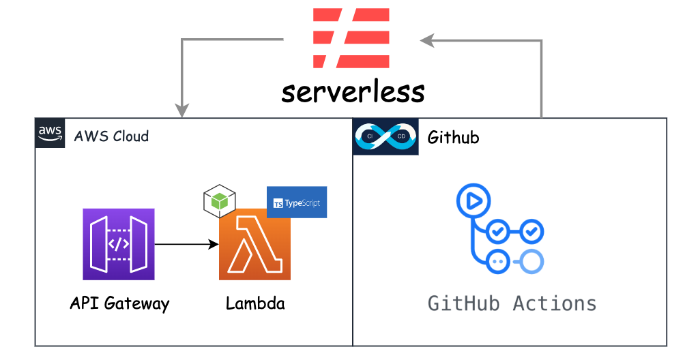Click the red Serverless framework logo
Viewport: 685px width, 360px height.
click(351, 38)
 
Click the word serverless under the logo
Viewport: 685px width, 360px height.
click(352, 91)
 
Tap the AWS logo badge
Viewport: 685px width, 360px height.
click(50, 133)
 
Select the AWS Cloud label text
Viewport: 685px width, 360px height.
click(111, 136)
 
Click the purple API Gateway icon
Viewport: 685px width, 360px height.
click(119, 244)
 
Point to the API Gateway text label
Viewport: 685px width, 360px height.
click(119, 303)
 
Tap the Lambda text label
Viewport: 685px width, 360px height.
click(255, 303)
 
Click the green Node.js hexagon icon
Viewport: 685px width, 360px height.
click(219, 200)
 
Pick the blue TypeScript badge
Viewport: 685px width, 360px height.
click(297, 202)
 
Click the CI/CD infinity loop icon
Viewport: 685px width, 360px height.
click(385, 137)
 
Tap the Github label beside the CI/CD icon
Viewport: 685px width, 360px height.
click(453, 137)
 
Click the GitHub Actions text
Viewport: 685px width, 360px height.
click(512, 303)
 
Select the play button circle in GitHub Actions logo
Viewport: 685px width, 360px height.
click(473, 201)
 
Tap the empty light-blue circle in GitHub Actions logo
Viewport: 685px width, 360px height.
click(532, 262)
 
